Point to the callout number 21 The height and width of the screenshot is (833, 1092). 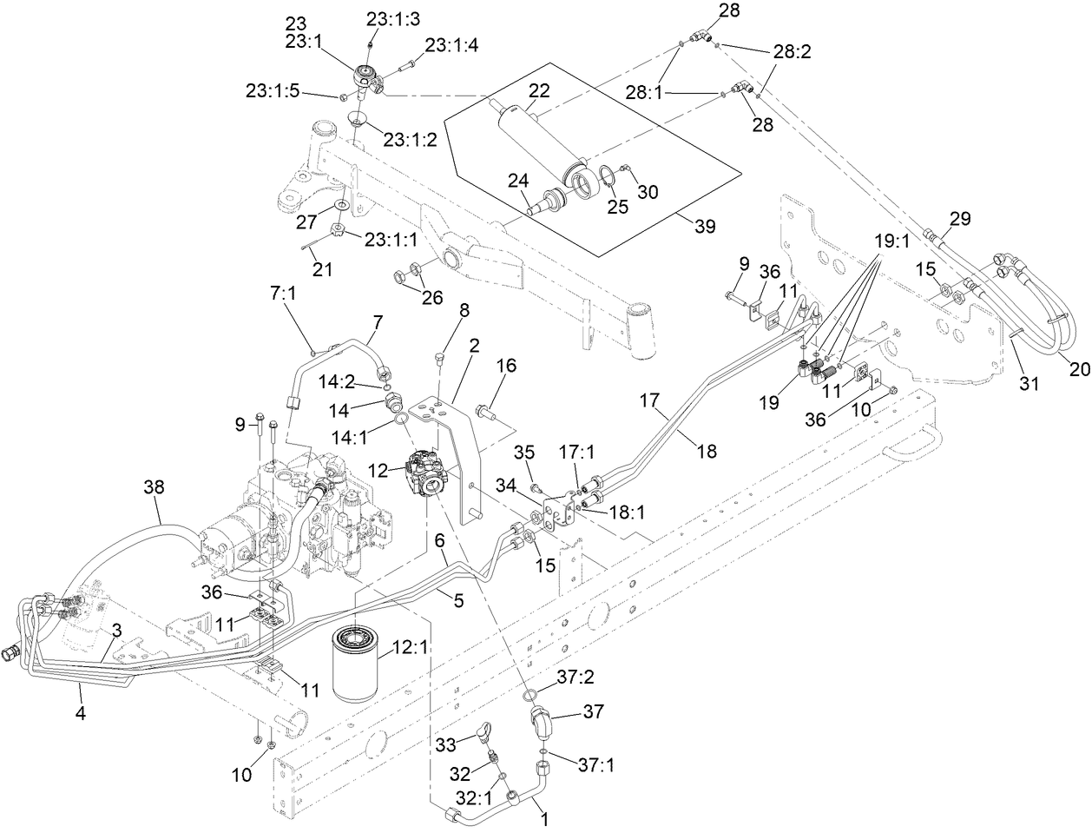click(322, 269)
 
